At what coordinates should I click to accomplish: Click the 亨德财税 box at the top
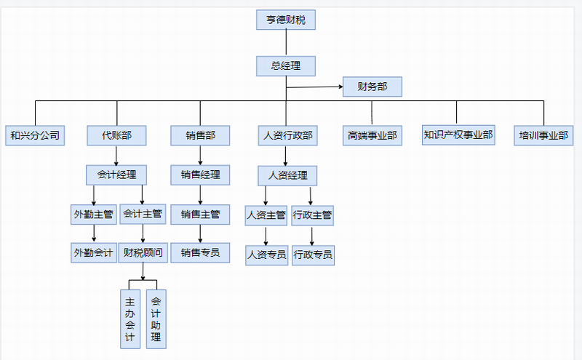[x=286, y=20]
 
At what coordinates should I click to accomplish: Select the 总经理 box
[x=286, y=66]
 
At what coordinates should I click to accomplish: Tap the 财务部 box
[x=372, y=87]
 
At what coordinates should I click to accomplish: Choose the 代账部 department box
[x=116, y=135]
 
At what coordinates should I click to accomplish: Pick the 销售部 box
[x=200, y=135]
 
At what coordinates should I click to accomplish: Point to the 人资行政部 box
[x=286, y=135]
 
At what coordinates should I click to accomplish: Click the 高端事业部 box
[x=372, y=135]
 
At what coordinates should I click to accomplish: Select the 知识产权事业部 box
[x=458, y=135]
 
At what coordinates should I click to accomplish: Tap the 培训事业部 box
[x=545, y=135]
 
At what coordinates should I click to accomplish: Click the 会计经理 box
[x=116, y=175]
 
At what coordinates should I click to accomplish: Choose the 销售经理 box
[x=200, y=175]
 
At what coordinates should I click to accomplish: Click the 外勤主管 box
[x=93, y=214]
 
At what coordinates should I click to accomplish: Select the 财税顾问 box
[x=143, y=253]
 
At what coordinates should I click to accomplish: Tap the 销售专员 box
[x=200, y=253]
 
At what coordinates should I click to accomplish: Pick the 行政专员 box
[x=313, y=255]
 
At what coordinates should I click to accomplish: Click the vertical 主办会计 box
[x=130, y=319]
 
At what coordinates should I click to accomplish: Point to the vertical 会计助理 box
[x=156, y=319]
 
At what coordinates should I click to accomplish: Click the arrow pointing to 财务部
[x=339, y=87]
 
